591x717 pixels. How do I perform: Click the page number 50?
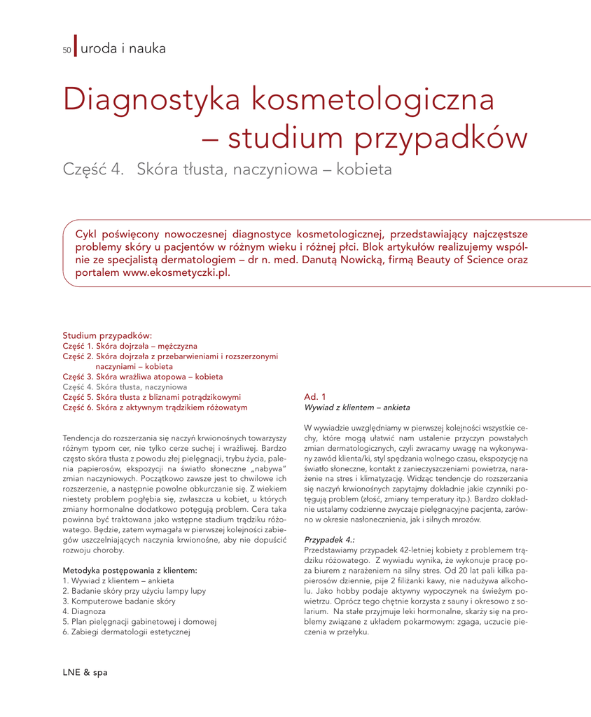(x=67, y=50)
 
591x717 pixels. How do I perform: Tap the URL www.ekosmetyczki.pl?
(x=176, y=273)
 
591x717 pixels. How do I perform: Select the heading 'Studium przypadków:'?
(x=107, y=335)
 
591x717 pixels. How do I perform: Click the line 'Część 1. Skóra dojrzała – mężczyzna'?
(x=130, y=346)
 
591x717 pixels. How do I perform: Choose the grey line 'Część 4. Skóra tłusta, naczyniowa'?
(x=125, y=387)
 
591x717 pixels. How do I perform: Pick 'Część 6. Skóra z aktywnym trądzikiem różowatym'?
(x=155, y=407)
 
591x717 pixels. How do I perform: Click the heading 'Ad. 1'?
(x=315, y=397)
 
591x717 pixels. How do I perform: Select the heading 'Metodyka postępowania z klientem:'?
(x=130, y=571)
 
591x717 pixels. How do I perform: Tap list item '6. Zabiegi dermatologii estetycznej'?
(x=127, y=632)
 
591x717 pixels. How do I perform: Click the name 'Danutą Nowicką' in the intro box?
(x=353, y=260)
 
